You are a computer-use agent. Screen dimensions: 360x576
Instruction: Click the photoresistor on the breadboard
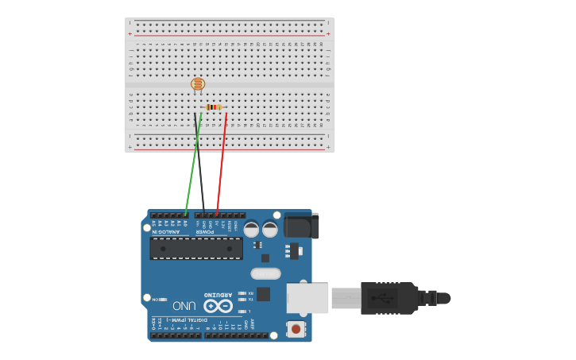pyautogui.click(x=198, y=83)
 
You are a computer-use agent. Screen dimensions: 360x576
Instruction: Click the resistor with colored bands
pyautogui.click(x=213, y=107)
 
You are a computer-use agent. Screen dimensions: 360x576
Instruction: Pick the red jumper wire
pyautogui.click(x=222, y=163)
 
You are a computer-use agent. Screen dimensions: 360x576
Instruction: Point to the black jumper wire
pyautogui.click(x=199, y=163)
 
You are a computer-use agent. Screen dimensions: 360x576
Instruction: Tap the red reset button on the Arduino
pyautogui.click(x=296, y=327)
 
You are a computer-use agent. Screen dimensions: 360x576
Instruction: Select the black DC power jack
pyautogui.click(x=302, y=225)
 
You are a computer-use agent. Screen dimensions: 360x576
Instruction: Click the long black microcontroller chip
pyautogui.click(x=196, y=248)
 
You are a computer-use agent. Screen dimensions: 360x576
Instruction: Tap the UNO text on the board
pyautogui.click(x=184, y=305)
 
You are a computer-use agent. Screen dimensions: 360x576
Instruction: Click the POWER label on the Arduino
pyautogui.click(x=211, y=232)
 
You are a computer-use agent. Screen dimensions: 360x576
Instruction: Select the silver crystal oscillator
pyautogui.click(x=265, y=274)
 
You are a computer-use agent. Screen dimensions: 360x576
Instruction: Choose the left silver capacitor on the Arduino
pyautogui.click(x=251, y=230)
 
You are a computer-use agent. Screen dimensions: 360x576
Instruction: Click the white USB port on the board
pyautogui.click(x=308, y=298)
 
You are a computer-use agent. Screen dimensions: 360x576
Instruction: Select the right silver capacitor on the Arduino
pyautogui.click(x=270, y=230)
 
